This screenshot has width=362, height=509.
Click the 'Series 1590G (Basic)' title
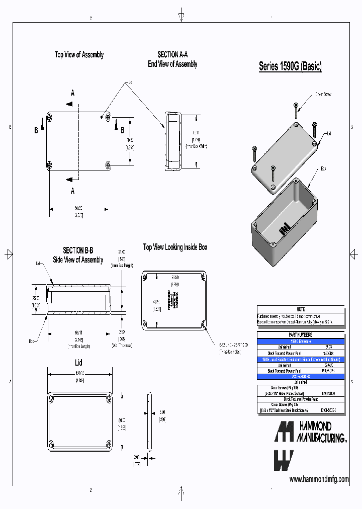(x=290, y=66)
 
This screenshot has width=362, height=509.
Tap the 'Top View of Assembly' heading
(x=79, y=55)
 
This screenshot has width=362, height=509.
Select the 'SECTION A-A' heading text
(x=172, y=55)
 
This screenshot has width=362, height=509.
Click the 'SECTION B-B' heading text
(x=78, y=250)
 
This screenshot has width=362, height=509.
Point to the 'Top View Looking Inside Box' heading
(x=175, y=247)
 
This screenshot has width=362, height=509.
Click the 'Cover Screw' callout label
(x=323, y=94)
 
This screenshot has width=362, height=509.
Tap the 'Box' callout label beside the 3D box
(x=324, y=169)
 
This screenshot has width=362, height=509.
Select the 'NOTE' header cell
(x=301, y=309)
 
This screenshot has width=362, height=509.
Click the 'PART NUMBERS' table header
(x=301, y=334)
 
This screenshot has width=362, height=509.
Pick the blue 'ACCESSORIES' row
(x=301, y=376)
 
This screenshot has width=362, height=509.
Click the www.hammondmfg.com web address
(x=319, y=479)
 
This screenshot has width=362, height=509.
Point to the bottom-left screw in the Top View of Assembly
(x=49, y=164)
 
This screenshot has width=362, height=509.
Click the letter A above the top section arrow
(x=72, y=93)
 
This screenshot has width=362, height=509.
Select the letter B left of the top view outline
(x=36, y=130)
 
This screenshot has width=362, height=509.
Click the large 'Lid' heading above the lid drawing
(x=78, y=362)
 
